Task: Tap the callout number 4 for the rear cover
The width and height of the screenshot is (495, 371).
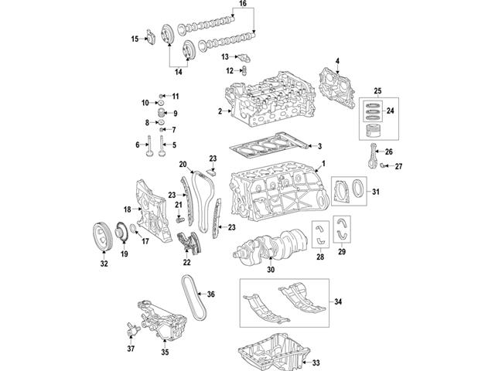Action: (x=337, y=60)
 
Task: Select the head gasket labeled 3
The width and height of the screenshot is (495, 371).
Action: (x=267, y=145)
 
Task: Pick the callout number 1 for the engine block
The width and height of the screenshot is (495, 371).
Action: (x=323, y=163)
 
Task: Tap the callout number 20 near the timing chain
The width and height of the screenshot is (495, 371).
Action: (x=183, y=163)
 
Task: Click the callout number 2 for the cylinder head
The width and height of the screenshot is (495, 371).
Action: (x=220, y=113)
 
